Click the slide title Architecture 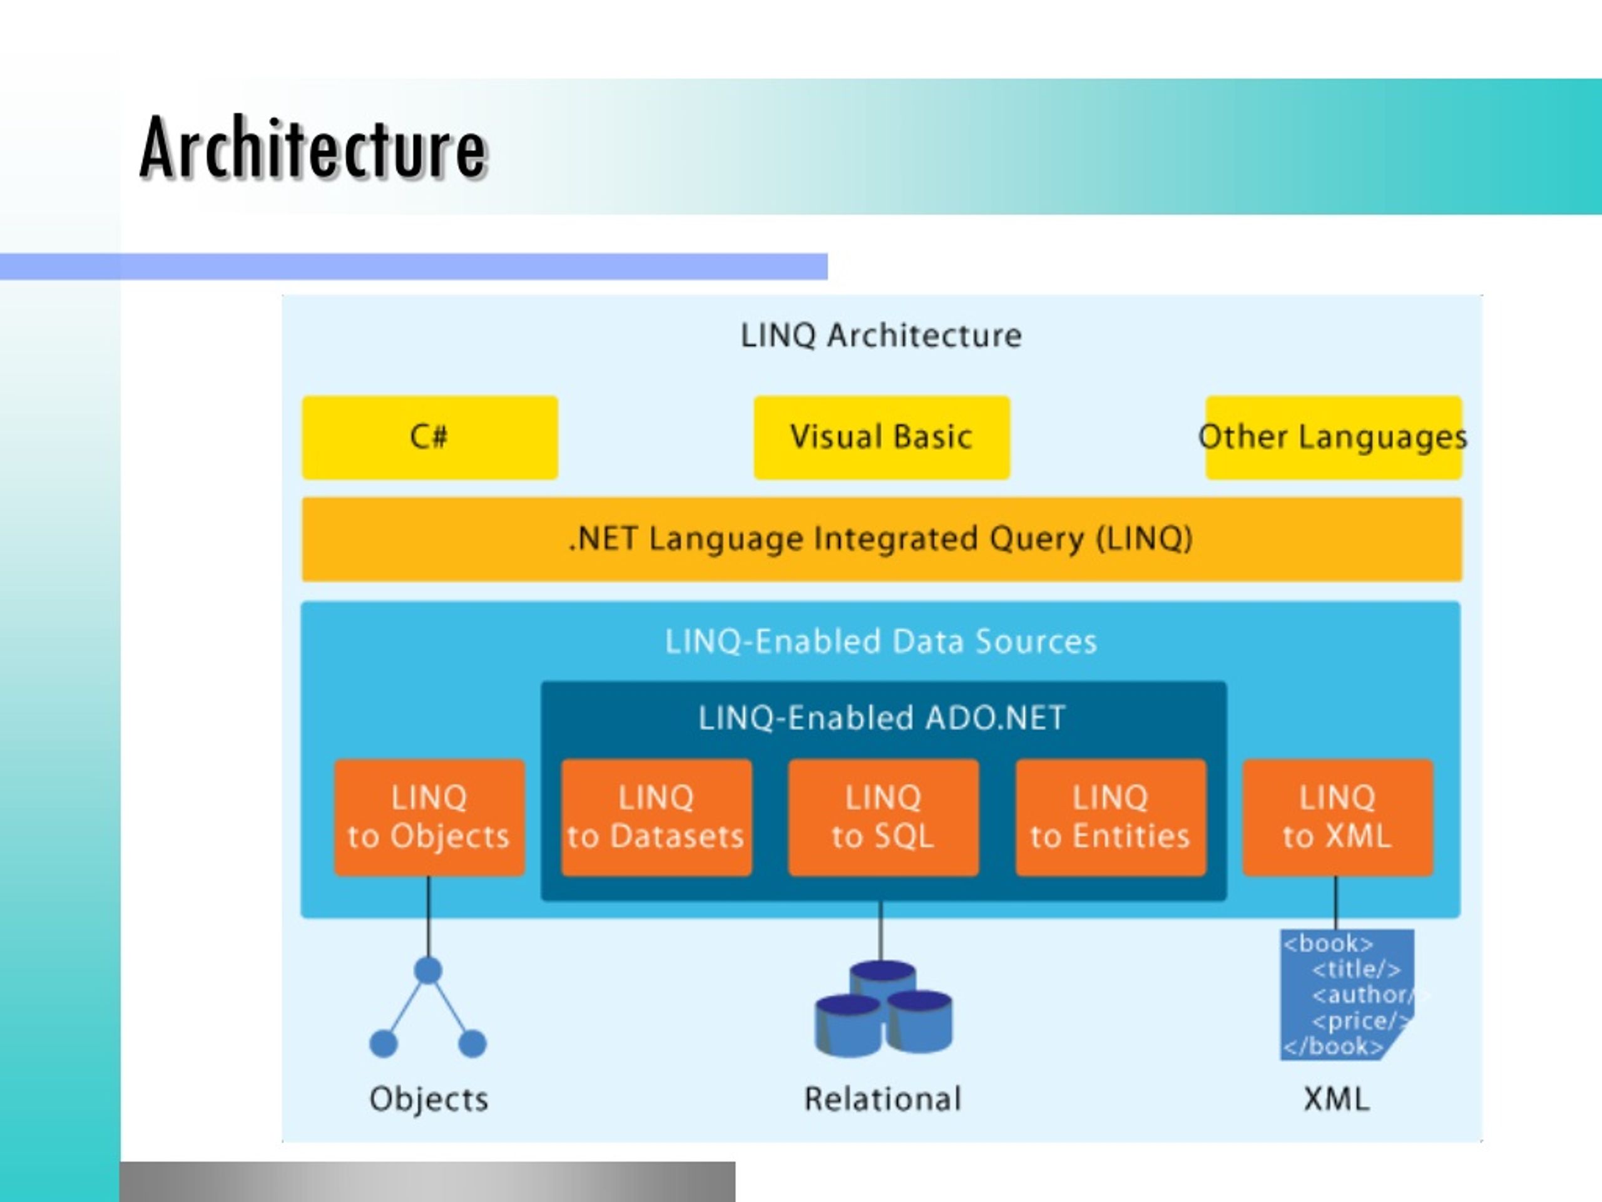(313, 148)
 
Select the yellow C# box (429, 438)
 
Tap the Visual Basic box (881, 438)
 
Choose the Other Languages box (1334, 438)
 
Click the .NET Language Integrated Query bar (881, 539)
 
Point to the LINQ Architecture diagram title (880, 336)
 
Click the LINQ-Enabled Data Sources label (880, 641)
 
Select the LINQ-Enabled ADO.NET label (881, 718)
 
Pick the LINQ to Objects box (429, 817)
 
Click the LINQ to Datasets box (656, 817)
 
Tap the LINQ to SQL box (884, 817)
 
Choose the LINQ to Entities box (1111, 817)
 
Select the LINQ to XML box (1338, 817)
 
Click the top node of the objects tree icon (428, 970)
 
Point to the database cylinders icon (884, 1009)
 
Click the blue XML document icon (1347, 995)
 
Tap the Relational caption (883, 1099)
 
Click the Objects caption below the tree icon (429, 1100)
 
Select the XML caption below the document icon (1336, 1099)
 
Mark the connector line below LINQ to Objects (428, 917)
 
